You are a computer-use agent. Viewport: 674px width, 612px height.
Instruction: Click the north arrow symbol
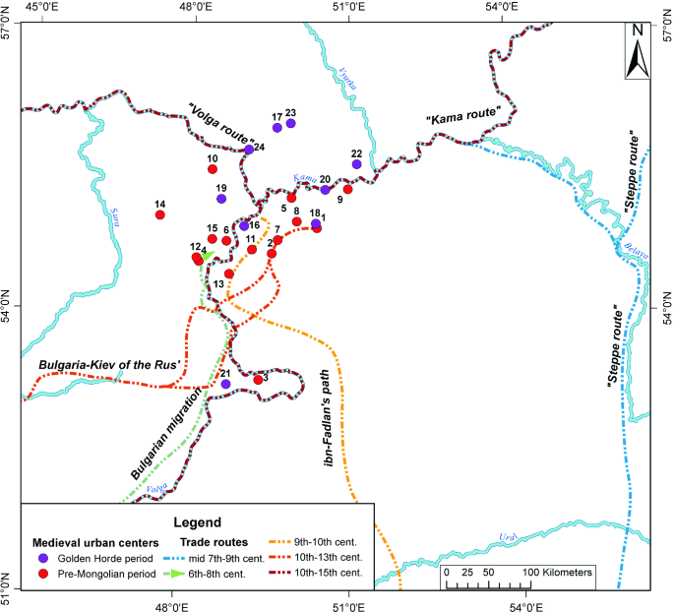[x=638, y=51]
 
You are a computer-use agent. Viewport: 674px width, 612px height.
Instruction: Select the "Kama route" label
[x=463, y=114]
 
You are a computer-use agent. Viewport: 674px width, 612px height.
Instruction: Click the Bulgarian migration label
[x=168, y=434]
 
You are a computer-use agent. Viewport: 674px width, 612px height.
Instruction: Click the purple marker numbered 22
[x=356, y=164]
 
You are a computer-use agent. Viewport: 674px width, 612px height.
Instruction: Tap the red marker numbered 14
[x=160, y=214]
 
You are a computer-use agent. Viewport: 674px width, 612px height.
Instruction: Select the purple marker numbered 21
[x=225, y=384]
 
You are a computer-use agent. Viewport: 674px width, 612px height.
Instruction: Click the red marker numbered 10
[x=213, y=169]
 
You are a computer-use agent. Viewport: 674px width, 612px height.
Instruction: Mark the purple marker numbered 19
[x=221, y=198]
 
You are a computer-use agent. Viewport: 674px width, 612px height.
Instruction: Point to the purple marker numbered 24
[x=249, y=150]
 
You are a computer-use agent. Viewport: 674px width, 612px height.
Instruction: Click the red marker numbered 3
[x=259, y=380]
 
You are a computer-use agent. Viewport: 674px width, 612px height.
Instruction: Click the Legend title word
[x=197, y=521]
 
